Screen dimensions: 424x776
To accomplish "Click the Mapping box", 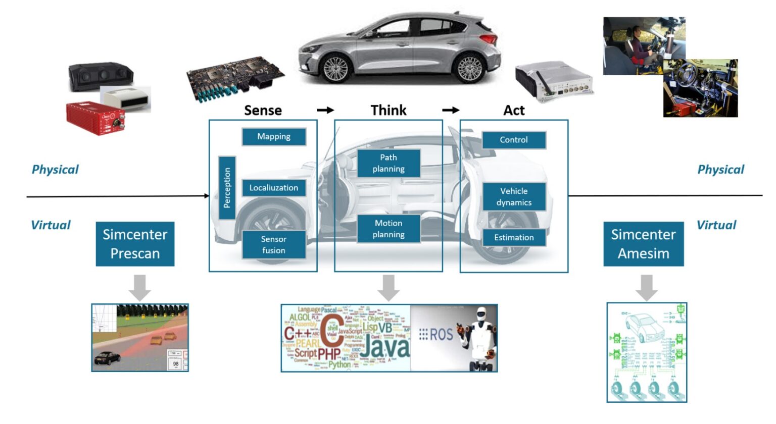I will pos(274,137).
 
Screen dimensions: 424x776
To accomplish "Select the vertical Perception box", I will pos(227,188).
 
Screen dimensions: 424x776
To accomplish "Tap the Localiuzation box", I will pos(274,188).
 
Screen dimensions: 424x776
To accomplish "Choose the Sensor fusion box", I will pos(274,245).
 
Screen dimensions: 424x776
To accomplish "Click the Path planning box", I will pos(389,163).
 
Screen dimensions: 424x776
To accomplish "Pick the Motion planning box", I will pos(389,229).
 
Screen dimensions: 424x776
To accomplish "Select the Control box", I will pos(514,140).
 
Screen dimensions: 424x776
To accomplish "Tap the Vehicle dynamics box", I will pos(514,197).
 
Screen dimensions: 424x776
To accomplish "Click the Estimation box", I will pos(514,238).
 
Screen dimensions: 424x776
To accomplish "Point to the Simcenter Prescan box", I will pos(135,244).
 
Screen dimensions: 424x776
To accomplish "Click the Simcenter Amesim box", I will pos(643,244).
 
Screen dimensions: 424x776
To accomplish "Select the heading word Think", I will pos(388,111).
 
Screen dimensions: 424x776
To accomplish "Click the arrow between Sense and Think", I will pos(325,110).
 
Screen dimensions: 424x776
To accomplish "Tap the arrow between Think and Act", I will pos(451,110).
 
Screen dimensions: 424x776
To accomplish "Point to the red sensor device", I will pos(95,118).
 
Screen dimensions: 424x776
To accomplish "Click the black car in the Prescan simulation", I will pos(107,358).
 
